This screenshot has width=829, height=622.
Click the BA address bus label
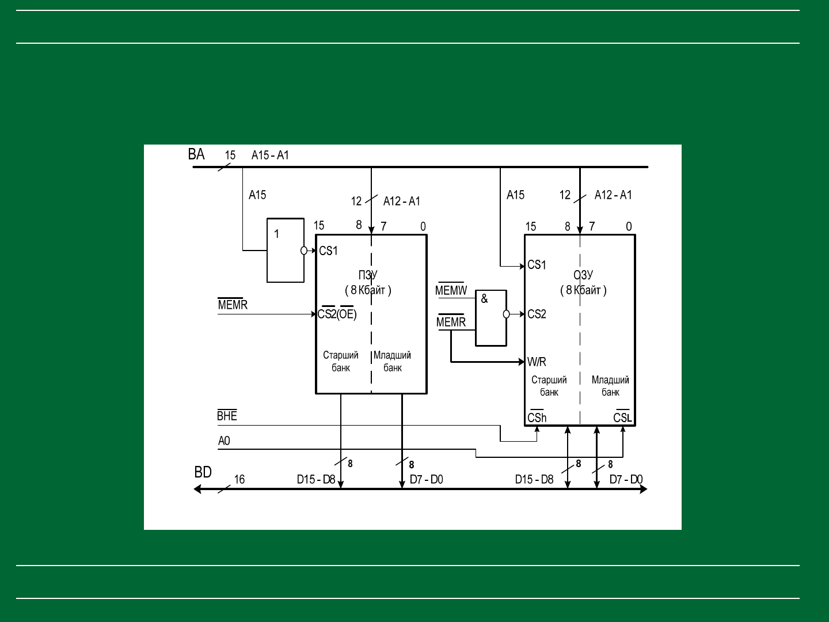(x=196, y=154)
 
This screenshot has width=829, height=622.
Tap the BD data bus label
(x=203, y=472)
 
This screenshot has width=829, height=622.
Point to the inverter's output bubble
(x=304, y=251)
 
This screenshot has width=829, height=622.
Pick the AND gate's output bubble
(x=507, y=314)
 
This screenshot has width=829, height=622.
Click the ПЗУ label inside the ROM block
(x=368, y=275)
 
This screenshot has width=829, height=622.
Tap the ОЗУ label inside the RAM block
(x=583, y=275)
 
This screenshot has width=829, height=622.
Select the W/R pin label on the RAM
(x=537, y=362)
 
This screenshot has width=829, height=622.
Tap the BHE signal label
(x=227, y=415)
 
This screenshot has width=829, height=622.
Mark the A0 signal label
(x=224, y=441)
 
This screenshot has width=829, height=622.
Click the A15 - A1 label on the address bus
(x=270, y=155)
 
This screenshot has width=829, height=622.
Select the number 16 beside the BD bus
(x=239, y=479)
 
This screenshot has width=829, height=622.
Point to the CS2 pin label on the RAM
(x=537, y=314)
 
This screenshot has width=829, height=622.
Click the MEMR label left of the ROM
(x=233, y=304)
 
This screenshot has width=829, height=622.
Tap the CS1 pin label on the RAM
(x=537, y=265)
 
